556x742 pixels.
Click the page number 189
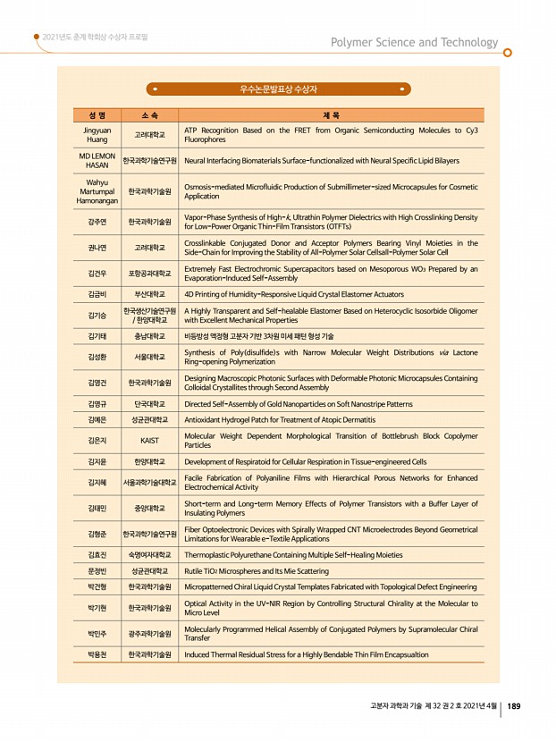[x=515, y=706]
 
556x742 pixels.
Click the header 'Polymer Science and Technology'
[x=414, y=43]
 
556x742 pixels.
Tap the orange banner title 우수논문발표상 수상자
[x=278, y=89]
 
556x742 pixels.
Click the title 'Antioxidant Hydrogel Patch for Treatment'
[x=280, y=419]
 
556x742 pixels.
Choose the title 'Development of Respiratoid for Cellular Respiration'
[x=305, y=462]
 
